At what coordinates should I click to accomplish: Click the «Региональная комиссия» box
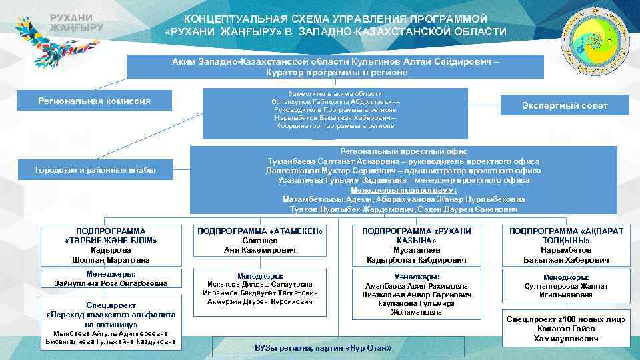click(x=93, y=101)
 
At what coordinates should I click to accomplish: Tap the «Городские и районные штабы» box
click(x=95, y=171)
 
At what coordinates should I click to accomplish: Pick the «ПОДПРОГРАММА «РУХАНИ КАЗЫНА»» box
click(x=415, y=245)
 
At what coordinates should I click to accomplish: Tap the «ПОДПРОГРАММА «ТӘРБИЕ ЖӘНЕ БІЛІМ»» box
click(x=111, y=245)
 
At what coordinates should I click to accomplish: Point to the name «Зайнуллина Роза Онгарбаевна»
click(x=111, y=283)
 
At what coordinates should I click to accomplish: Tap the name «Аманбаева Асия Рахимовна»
click(x=415, y=286)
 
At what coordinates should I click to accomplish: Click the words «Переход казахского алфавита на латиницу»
click(x=111, y=319)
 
